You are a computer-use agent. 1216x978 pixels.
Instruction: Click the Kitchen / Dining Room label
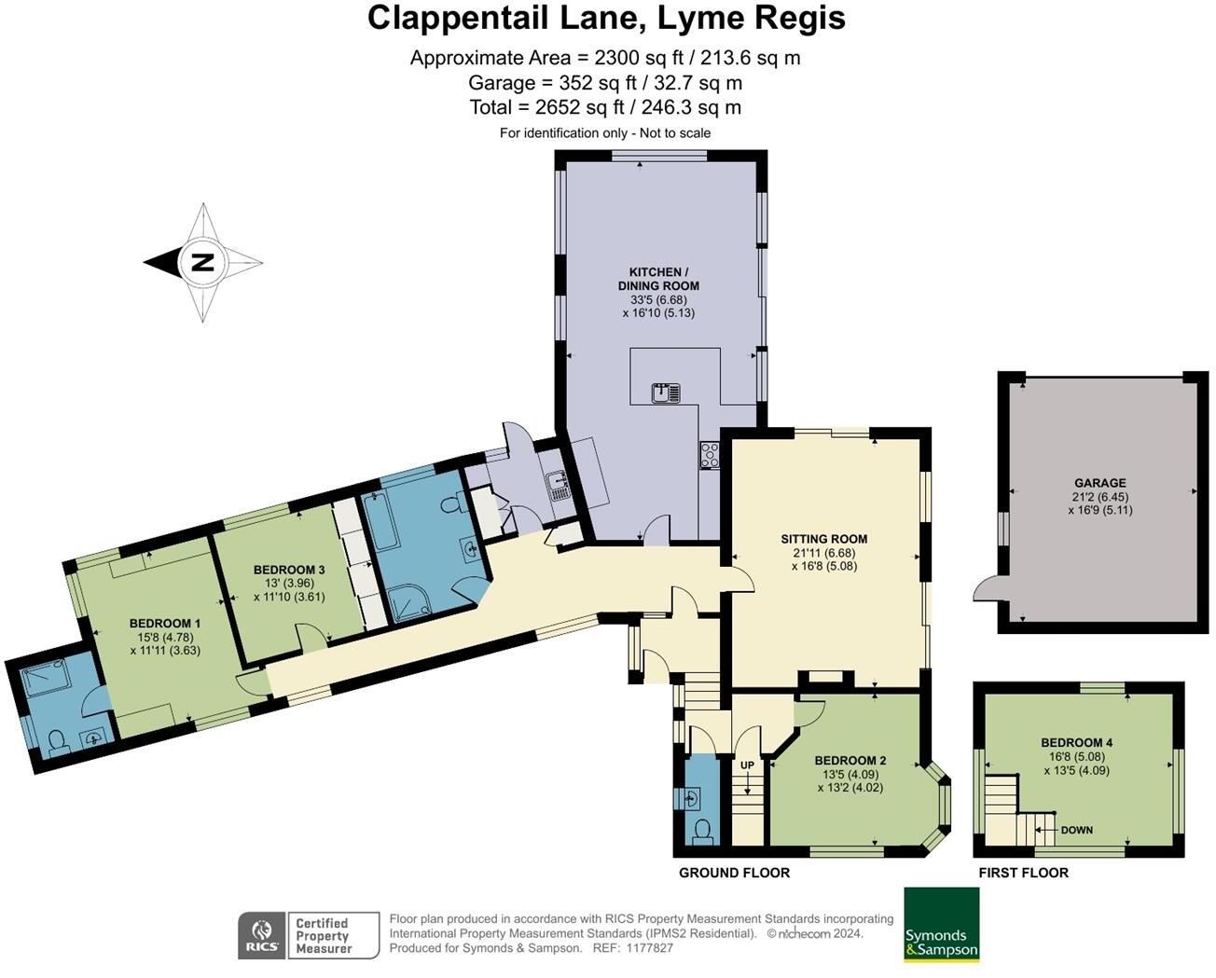click(x=658, y=279)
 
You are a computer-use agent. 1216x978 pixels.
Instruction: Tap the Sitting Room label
click(x=823, y=539)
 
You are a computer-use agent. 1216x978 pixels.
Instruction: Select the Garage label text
click(x=1099, y=483)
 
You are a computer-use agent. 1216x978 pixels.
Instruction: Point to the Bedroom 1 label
click(x=165, y=623)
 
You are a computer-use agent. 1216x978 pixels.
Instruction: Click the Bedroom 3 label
click(x=289, y=570)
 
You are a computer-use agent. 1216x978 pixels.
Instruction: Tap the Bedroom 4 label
click(x=1077, y=743)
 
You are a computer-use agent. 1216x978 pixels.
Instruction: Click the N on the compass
click(x=202, y=263)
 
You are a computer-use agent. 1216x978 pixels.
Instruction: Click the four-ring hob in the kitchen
click(x=710, y=455)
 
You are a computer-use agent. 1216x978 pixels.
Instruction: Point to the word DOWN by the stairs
click(x=1076, y=830)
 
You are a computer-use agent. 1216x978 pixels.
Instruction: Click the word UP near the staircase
click(x=747, y=765)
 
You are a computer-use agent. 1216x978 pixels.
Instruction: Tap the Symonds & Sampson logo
click(x=941, y=925)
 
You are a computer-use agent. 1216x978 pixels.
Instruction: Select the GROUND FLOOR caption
click(x=734, y=873)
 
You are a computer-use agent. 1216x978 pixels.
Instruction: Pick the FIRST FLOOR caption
click(x=1023, y=873)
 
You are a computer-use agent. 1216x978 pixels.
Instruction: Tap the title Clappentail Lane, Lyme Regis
click(x=606, y=18)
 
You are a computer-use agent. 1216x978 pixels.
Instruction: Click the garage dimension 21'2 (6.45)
click(x=1099, y=497)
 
